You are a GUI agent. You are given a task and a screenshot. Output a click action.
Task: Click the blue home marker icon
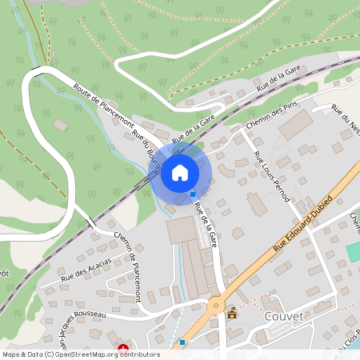tap(180, 172)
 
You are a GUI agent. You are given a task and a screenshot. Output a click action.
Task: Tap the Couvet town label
tap(283, 316)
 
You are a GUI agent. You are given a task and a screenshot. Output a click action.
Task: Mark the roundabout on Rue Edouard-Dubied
tap(214, 305)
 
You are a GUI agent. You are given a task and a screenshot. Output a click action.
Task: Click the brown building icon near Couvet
tap(233, 314)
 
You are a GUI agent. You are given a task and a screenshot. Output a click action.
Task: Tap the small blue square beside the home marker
tap(193, 194)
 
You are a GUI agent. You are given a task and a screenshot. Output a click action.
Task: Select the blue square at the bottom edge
tap(182, 342)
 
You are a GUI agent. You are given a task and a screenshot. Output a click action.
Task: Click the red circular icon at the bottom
tap(123, 349)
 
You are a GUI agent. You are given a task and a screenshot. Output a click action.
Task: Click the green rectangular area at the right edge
tap(353, 250)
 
